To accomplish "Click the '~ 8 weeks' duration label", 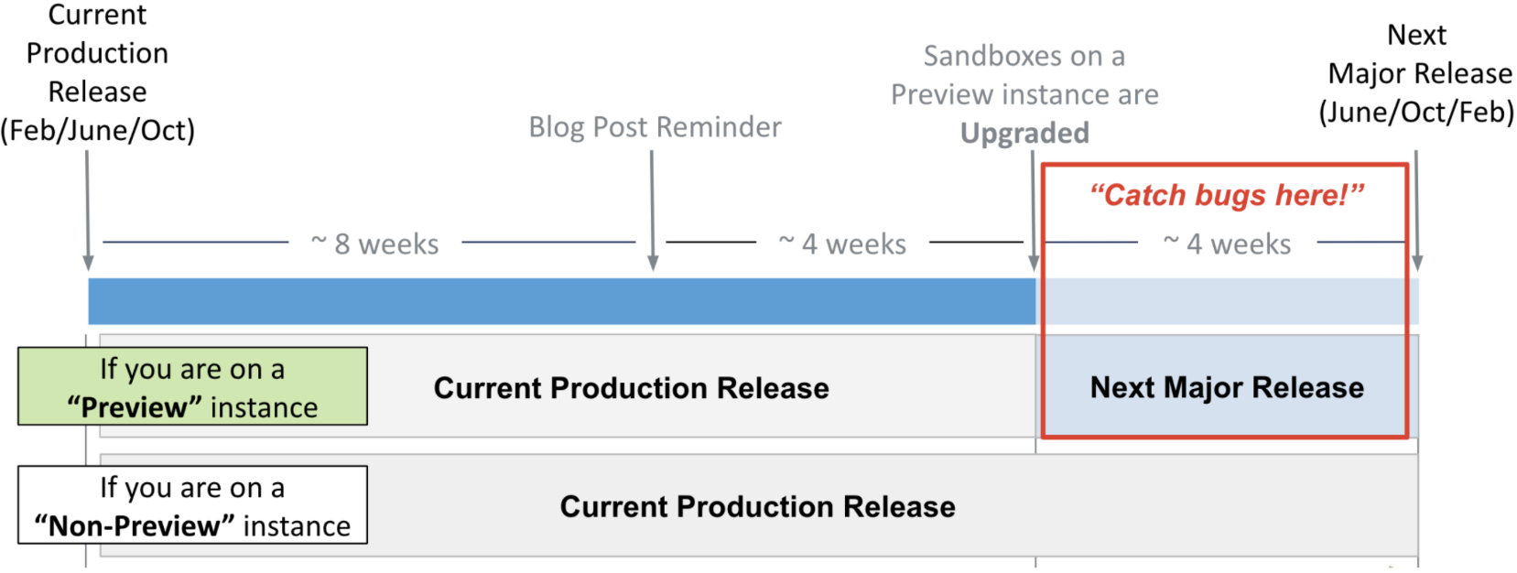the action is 374,243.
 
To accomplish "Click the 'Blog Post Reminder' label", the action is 655,126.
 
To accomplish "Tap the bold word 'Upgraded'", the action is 1024,134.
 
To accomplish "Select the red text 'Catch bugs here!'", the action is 1227,195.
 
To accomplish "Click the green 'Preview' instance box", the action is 193,386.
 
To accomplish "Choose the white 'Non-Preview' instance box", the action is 193,504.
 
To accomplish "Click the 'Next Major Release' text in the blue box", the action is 1227,387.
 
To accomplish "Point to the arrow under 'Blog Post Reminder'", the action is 652,211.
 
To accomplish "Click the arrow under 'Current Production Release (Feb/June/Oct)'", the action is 87,211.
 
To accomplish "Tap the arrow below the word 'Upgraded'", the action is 1034,211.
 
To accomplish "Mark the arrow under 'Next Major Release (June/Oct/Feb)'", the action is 1417,211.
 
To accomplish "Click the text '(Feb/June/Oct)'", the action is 98,130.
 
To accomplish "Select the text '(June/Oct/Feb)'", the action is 1416,112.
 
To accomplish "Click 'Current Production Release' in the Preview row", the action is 631,388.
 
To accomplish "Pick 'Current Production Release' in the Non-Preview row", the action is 757,506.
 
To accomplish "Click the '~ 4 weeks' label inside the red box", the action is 1227,243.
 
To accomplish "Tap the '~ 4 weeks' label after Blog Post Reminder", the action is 842,243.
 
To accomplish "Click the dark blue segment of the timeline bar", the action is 562,301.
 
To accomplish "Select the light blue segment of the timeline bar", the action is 1227,301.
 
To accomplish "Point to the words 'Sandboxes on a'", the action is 1024,56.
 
